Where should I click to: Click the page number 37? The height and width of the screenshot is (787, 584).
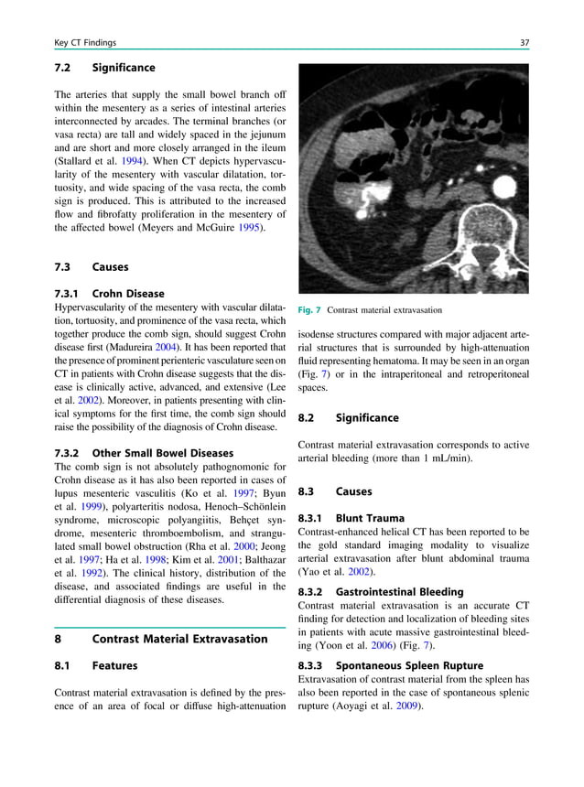(524, 42)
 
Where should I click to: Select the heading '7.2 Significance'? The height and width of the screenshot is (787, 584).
(104, 68)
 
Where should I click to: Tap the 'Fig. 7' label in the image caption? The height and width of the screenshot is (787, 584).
(309, 310)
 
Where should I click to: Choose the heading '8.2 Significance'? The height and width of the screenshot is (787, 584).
(349, 418)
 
